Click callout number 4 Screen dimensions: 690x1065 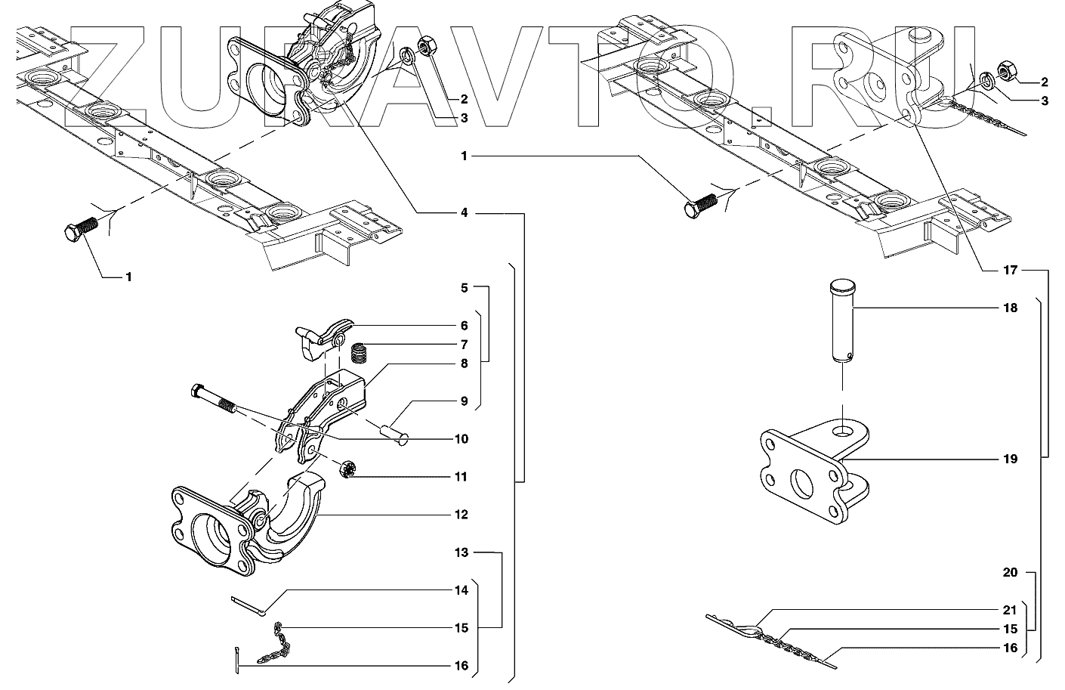click(465, 213)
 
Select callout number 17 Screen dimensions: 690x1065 click(1011, 270)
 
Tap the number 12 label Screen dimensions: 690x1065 click(461, 515)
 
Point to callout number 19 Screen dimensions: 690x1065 click(1011, 459)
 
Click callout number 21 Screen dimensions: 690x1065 click(1011, 610)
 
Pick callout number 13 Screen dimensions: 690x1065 click(461, 552)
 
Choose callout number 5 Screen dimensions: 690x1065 click(465, 288)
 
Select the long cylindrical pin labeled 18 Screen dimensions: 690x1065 click(842, 321)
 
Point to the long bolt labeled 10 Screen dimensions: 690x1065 click(215, 401)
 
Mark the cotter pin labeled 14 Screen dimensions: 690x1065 click(247, 604)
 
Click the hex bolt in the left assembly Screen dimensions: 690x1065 click(79, 230)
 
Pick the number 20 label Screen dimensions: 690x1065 click(1011, 572)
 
